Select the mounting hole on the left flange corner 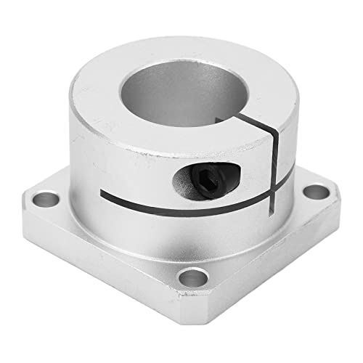coord(48,197)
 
